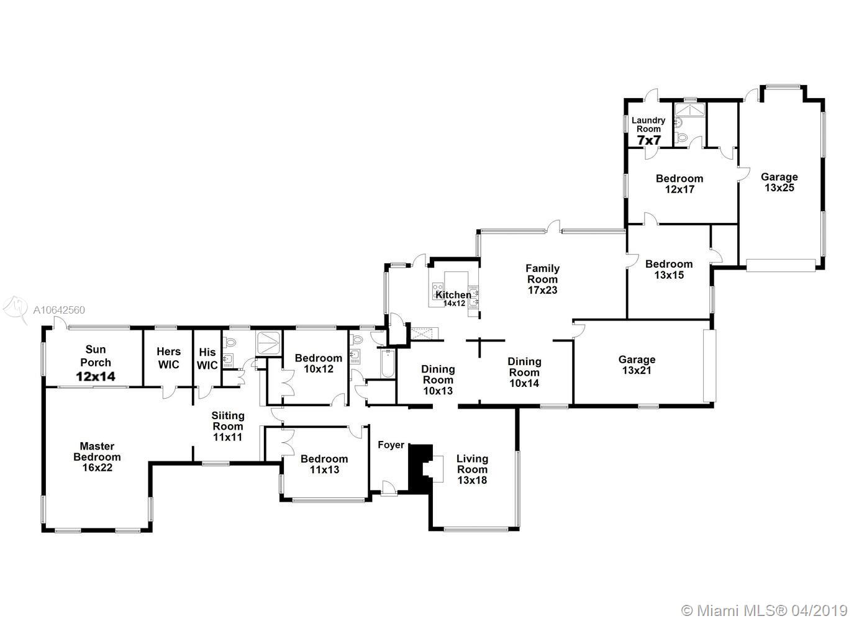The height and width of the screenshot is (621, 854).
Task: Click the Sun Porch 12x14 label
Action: click(96, 363)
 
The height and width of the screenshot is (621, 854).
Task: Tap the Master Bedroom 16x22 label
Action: click(97, 456)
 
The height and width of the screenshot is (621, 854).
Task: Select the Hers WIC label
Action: click(168, 358)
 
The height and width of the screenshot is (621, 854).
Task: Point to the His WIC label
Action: click(207, 359)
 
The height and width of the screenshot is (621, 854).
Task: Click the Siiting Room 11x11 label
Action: click(228, 426)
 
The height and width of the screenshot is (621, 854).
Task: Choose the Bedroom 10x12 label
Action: click(318, 363)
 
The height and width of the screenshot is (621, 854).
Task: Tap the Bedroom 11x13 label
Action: click(324, 464)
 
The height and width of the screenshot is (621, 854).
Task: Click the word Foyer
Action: click(391, 445)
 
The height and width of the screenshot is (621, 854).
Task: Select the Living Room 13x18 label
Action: click(472, 469)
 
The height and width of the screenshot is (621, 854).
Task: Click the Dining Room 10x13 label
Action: click(438, 380)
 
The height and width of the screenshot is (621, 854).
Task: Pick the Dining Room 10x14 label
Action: click(524, 372)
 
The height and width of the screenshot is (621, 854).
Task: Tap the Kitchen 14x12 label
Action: click(453, 298)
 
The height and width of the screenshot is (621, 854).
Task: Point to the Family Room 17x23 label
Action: click(542, 279)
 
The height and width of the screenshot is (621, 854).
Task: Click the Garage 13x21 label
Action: click(637, 365)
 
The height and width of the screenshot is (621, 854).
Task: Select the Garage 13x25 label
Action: click(779, 182)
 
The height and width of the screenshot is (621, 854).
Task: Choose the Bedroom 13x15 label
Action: click(668, 269)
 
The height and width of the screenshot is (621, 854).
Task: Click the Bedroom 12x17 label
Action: click(679, 184)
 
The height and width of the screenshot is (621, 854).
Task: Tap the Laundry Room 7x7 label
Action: click(648, 131)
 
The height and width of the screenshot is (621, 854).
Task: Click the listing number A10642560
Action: click(59, 310)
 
